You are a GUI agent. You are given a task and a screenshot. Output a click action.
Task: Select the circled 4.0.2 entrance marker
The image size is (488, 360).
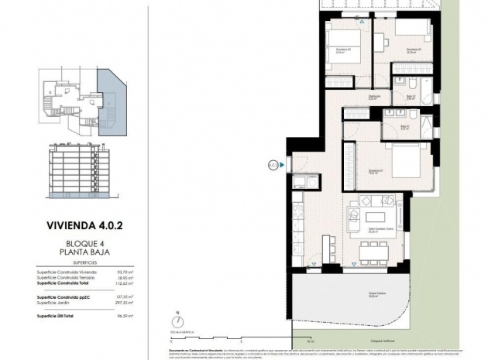(273, 164)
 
